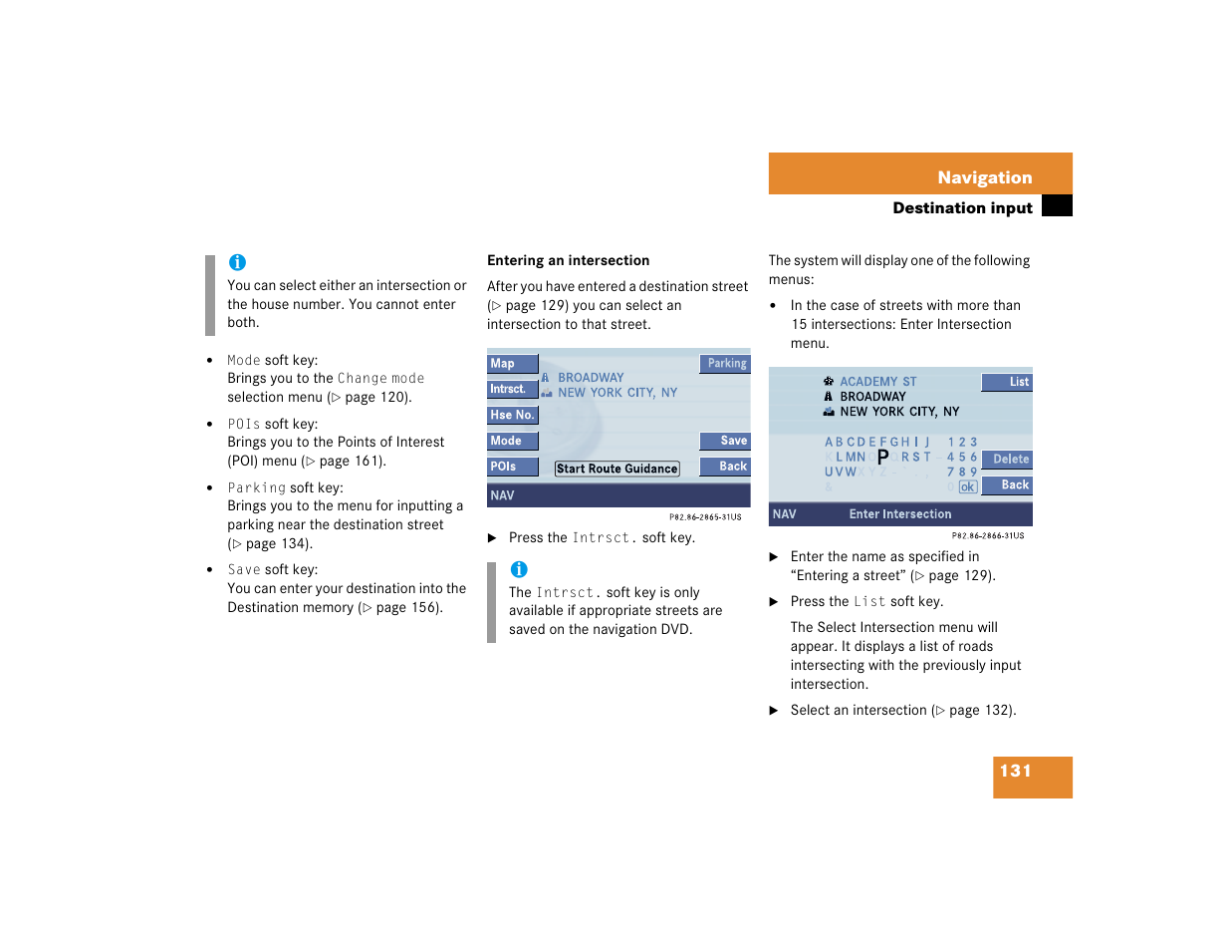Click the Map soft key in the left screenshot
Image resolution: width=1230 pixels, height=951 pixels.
(x=512, y=364)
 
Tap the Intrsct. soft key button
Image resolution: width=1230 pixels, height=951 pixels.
(x=512, y=390)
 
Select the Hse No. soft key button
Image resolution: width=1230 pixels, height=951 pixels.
(x=512, y=416)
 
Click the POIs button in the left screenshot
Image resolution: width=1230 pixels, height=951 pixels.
(x=512, y=467)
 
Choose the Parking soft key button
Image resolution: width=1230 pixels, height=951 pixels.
(x=725, y=364)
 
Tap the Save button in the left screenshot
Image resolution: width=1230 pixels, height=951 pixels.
(x=725, y=441)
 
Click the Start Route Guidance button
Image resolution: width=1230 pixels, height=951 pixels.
(x=616, y=469)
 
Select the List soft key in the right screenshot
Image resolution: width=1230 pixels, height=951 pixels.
(x=1007, y=382)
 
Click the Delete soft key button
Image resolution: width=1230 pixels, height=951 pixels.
(x=1007, y=460)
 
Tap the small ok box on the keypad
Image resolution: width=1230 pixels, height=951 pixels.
(x=967, y=487)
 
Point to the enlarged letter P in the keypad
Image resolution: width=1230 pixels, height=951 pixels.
(x=882, y=458)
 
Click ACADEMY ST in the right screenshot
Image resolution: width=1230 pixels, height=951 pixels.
(x=877, y=382)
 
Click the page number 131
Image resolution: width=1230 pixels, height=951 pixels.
(x=1016, y=771)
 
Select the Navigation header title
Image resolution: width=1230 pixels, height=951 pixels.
(x=984, y=177)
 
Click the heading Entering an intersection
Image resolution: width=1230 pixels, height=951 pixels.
(x=568, y=260)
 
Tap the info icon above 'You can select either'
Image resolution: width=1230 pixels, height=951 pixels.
(x=237, y=262)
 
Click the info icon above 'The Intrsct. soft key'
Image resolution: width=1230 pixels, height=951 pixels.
(x=519, y=569)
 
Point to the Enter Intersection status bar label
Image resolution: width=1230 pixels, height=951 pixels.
(x=899, y=514)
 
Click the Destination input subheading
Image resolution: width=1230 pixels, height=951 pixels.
(x=961, y=207)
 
